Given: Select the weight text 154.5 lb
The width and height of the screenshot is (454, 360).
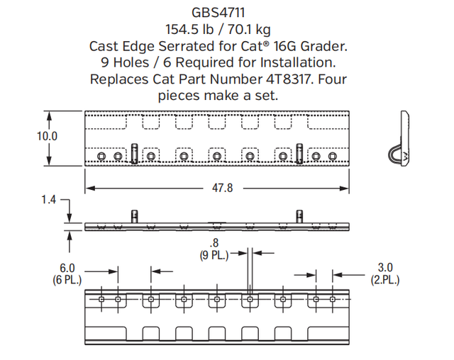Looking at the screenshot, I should pyautogui.click(x=191, y=29).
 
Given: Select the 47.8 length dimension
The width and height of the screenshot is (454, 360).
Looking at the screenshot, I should pyautogui.click(x=217, y=189).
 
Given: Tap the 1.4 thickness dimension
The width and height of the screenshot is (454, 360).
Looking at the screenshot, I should pyautogui.click(x=48, y=201).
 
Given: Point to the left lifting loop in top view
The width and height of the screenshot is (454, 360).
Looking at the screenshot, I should pyautogui.click(x=134, y=152).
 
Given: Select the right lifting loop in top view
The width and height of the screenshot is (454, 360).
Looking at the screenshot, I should pyautogui.click(x=300, y=152).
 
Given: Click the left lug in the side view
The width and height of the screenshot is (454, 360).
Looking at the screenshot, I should pyautogui.click(x=133, y=216).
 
